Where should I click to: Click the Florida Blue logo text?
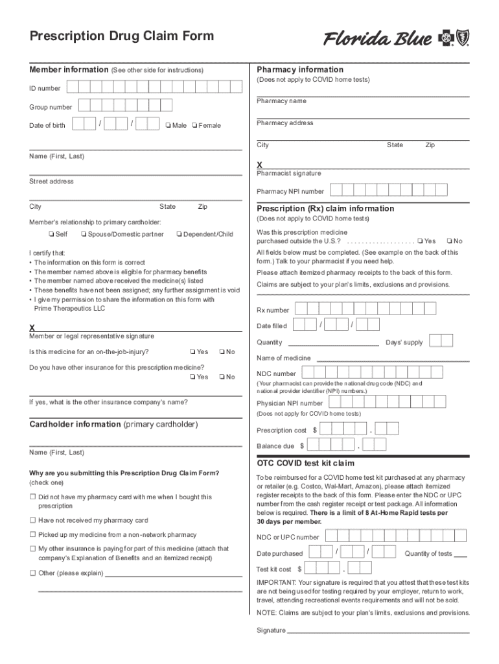coord(378,40)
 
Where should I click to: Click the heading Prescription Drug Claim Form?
coord(122,36)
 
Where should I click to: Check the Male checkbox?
coord(168,125)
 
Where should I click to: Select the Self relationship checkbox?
coord(51,234)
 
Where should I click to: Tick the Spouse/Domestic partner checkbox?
coord(84,234)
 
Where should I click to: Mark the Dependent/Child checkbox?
coord(179,234)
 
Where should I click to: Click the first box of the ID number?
coord(73,87)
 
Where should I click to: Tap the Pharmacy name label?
coord(281,101)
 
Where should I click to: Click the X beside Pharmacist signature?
coord(260,165)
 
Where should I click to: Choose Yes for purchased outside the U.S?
coord(420,241)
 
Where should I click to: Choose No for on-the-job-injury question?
coord(222,352)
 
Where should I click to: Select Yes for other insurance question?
coord(192,377)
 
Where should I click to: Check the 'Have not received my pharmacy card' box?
coord(32,520)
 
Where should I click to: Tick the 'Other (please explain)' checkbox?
coord(32,573)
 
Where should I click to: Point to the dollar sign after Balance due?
coord(301,446)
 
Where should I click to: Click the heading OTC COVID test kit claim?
coord(306,463)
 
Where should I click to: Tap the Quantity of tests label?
coord(428,553)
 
